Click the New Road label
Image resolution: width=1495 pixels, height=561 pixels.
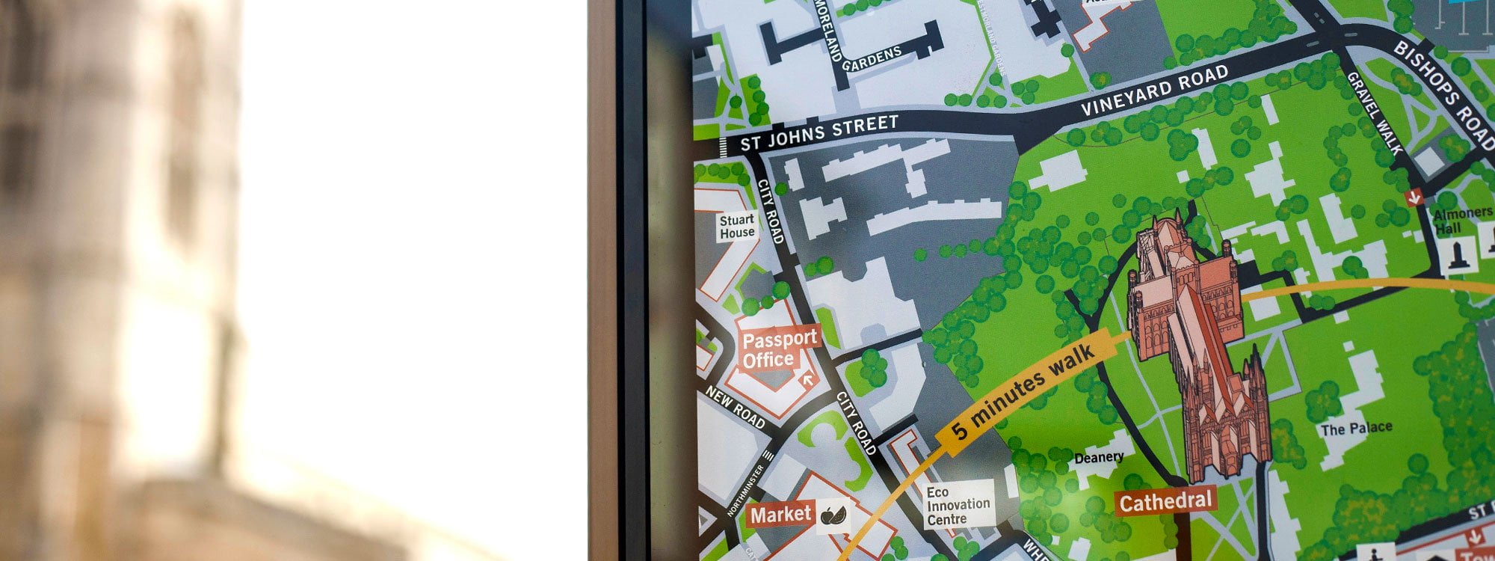(736, 408)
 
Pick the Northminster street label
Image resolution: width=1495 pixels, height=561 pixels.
(747, 491)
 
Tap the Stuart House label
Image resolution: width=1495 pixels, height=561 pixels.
(737, 227)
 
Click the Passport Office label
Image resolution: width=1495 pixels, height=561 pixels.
(779, 349)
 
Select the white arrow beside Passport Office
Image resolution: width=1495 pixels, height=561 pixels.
(807, 379)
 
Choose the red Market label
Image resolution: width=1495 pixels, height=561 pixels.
(780, 514)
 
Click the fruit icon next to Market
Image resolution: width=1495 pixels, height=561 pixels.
(833, 515)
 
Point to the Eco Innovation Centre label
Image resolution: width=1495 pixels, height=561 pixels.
(958, 505)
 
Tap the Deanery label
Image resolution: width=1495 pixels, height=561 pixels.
(1098, 457)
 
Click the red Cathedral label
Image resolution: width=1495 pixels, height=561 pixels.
(1165, 501)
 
